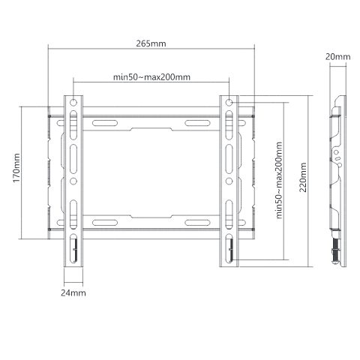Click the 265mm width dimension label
click(x=151, y=43)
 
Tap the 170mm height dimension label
click(x=16, y=168)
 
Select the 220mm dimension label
click(x=303, y=177)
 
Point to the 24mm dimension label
click(x=73, y=292)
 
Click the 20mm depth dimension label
click(x=337, y=57)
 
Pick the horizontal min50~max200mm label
click(x=151, y=77)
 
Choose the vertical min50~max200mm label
click(x=279, y=180)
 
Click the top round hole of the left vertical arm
click(x=73, y=103)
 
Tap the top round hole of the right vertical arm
click(x=229, y=103)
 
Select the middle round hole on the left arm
click(x=73, y=181)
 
